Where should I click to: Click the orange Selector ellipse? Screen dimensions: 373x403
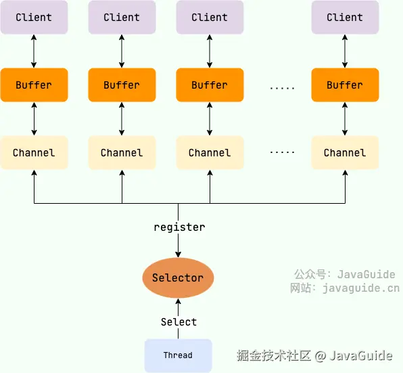tap(178, 278)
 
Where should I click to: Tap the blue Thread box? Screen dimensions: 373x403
tap(178, 355)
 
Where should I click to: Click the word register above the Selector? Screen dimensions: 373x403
tap(179, 227)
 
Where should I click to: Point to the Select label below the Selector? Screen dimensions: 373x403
tap(179, 322)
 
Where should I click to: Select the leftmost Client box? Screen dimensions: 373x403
tap(34, 18)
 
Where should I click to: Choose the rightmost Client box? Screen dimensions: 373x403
tap(345, 18)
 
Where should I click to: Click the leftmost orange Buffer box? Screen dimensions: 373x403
tap(34, 85)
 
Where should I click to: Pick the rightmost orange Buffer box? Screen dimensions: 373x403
tap(345, 85)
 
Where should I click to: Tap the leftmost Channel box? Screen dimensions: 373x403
tap(34, 153)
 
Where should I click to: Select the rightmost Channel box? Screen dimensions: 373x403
tap(345, 153)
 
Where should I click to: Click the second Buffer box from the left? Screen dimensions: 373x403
tap(122, 85)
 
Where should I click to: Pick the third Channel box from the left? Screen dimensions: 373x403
tap(210, 153)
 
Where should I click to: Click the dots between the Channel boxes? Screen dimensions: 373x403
tap(282, 153)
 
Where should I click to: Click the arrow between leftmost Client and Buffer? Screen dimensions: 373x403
tap(34, 51)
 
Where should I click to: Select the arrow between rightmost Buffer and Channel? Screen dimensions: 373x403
tap(345, 119)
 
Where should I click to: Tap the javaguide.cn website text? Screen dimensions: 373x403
tap(360, 288)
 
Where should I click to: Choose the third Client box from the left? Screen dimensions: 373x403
tap(210, 18)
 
